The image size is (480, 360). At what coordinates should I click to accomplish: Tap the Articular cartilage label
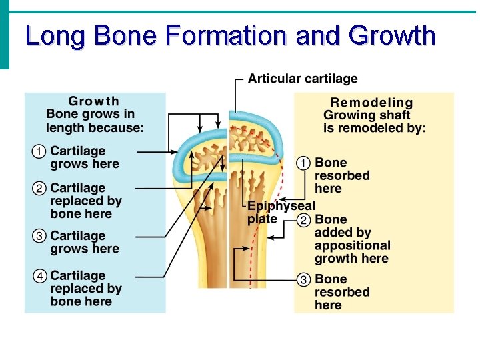coord(303,79)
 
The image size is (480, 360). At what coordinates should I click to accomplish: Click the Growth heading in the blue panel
coord(94,101)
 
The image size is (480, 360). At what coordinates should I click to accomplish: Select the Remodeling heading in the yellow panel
coord(372,103)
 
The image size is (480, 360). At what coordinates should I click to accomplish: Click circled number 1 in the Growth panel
coord(39,152)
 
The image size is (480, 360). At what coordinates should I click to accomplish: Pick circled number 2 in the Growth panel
coord(39,189)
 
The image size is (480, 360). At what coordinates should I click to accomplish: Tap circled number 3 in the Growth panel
coord(39,237)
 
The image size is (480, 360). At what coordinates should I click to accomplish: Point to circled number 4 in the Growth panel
coord(39,276)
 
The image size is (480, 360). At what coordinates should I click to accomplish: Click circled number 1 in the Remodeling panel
coord(303,163)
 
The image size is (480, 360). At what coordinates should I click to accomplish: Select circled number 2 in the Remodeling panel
coord(303,220)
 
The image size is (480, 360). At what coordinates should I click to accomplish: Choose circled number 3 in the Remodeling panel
coord(303,279)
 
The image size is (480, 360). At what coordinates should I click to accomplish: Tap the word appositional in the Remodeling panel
coord(353,245)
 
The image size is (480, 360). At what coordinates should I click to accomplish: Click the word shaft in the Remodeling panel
coord(393,115)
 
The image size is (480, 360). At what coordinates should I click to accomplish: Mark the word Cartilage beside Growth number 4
coord(78,276)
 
